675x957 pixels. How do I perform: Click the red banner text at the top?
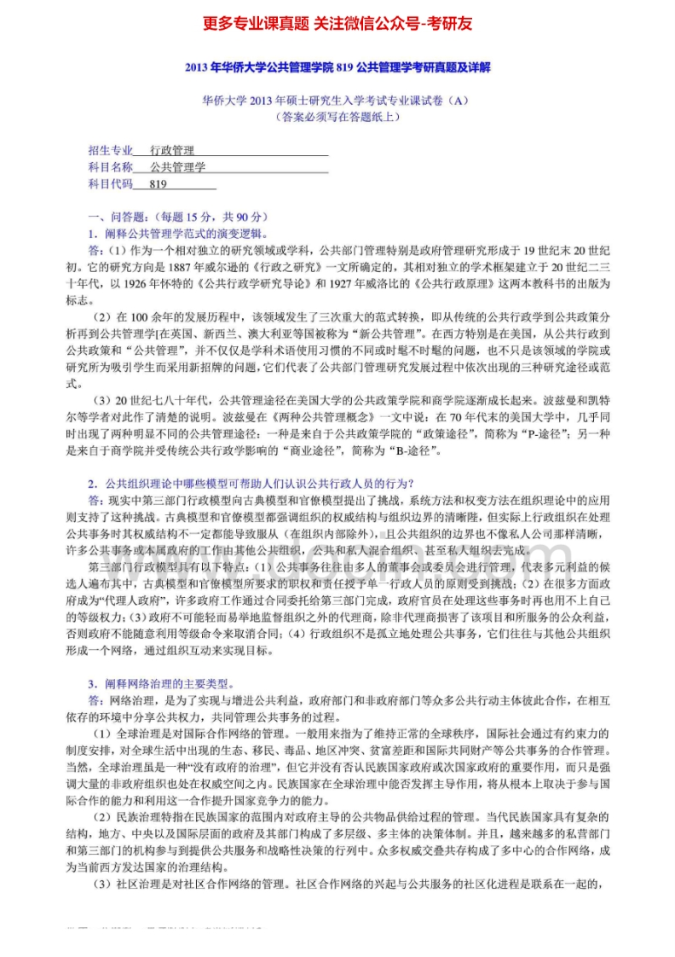tap(337, 23)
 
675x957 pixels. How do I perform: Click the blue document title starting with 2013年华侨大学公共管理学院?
tap(337, 67)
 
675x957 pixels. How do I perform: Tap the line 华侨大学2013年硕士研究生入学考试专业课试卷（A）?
tap(337, 101)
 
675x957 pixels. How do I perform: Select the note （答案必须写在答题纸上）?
tap(337, 117)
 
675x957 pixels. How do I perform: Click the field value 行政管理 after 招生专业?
tap(172, 150)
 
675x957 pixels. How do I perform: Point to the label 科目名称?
tap(111, 167)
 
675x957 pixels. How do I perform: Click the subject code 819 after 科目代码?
tap(158, 183)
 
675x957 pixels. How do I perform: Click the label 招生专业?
tap(111, 150)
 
